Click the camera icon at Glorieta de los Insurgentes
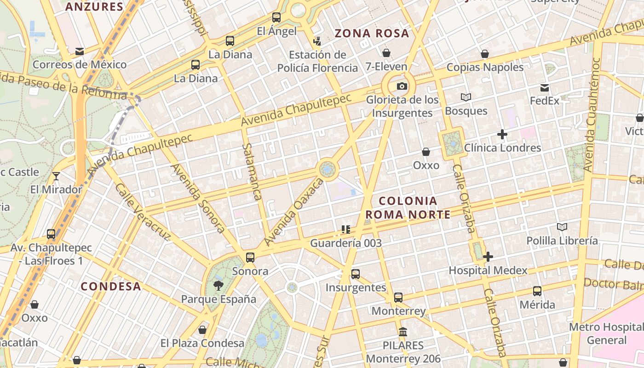click(x=402, y=86)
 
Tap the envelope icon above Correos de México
click(x=80, y=51)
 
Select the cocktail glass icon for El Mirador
click(x=56, y=176)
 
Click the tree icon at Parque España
click(x=218, y=286)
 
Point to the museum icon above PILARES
click(x=403, y=332)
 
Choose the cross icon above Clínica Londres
click(x=502, y=134)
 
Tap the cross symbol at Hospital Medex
click(x=488, y=257)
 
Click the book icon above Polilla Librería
click(x=562, y=227)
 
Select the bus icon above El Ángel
click(x=276, y=17)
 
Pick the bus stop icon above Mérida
click(x=537, y=291)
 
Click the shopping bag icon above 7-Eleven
click(x=386, y=53)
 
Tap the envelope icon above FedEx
click(x=545, y=87)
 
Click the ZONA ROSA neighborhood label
click(x=372, y=33)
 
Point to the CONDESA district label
click(x=111, y=286)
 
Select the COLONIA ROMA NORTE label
click(x=408, y=207)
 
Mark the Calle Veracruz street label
click(x=143, y=212)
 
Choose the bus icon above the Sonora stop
click(x=250, y=258)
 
